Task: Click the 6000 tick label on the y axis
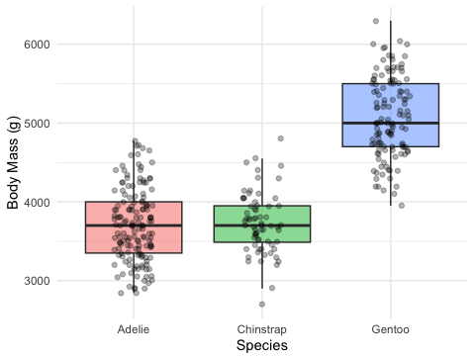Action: [x=37, y=45]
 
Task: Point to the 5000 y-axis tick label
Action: [x=37, y=124]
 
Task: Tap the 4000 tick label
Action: [x=37, y=202]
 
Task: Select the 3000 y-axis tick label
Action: [x=37, y=281]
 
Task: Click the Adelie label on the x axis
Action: [x=134, y=329]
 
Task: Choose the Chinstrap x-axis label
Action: [x=262, y=329]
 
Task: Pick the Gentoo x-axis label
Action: [x=391, y=329]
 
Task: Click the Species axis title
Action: [x=262, y=346]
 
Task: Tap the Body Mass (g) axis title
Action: [x=13, y=162]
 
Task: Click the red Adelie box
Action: [x=134, y=227]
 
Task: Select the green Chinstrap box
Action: [x=262, y=225]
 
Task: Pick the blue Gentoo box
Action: [x=391, y=115]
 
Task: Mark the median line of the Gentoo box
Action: [x=391, y=123]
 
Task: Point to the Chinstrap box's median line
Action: [x=262, y=225]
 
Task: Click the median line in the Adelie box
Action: [x=134, y=225]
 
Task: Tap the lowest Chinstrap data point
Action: [x=262, y=305]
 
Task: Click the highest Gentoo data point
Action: [x=376, y=21]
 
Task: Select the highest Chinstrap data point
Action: [x=280, y=138]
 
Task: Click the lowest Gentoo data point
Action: [x=402, y=206]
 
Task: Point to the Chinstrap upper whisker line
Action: [x=262, y=182]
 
